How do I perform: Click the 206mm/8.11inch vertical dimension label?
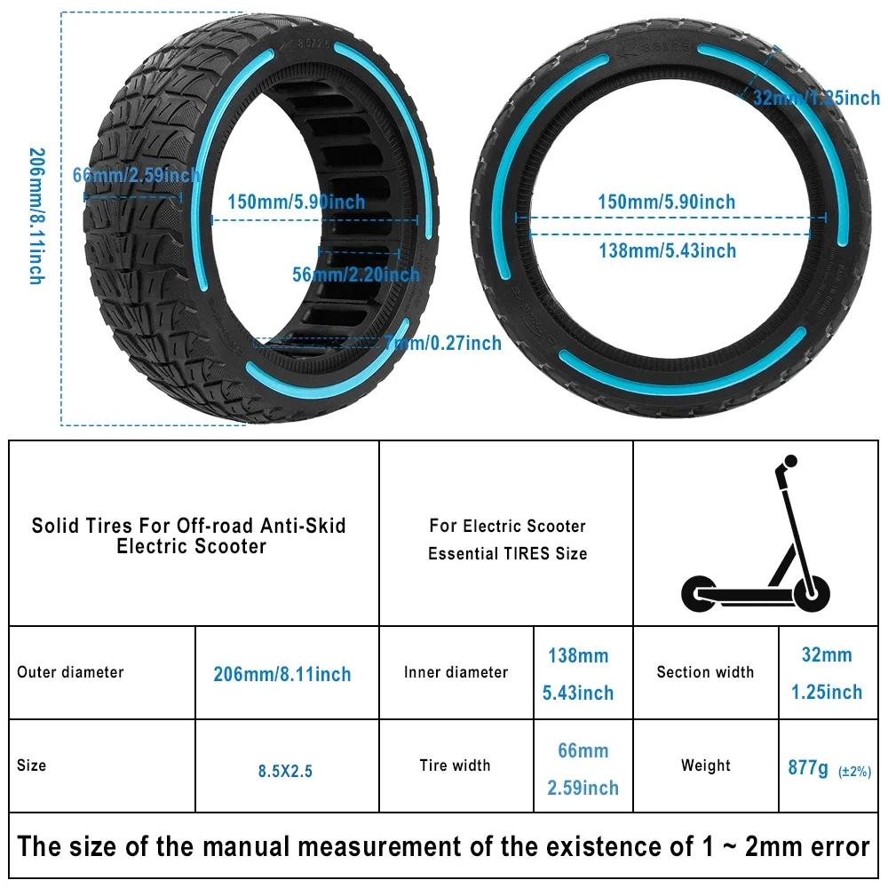pos(36,216)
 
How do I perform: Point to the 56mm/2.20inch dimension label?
pos(356,274)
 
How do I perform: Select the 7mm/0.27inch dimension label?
pos(443,343)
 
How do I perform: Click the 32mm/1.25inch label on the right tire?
pos(816,98)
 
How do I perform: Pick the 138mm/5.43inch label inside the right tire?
pos(667,251)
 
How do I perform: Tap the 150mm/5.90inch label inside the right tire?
pos(666,202)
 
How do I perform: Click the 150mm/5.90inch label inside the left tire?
pos(296,202)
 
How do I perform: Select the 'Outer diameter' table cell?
pos(70,672)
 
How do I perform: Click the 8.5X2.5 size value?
pos(285,772)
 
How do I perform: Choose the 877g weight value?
pos(808,767)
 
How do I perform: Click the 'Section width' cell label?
pos(705,672)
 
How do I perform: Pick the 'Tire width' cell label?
pos(455,765)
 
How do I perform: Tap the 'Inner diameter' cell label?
pos(456,672)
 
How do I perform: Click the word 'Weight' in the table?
pos(705,765)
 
